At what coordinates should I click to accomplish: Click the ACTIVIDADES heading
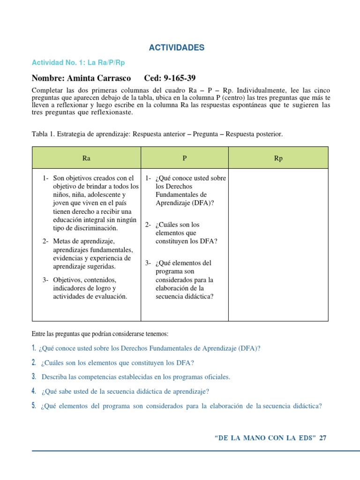point(176,48)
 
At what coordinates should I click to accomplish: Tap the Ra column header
point(86,158)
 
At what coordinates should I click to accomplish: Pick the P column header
point(185,158)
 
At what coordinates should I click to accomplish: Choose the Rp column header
point(278,158)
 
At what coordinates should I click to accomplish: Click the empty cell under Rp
point(278,244)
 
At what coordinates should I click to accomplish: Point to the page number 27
point(322,438)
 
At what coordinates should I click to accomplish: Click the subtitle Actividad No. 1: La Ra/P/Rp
point(78,62)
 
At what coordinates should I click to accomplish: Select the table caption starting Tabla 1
point(157,134)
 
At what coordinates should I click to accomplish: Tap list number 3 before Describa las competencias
point(34,376)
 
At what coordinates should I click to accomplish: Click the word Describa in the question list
point(54,377)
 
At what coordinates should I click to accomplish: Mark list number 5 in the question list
point(34,406)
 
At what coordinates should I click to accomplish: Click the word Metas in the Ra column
point(63,241)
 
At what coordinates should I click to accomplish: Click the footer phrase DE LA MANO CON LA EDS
point(265,438)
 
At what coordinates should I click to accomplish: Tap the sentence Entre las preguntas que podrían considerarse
point(99,334)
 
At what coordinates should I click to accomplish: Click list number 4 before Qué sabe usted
point(34,391)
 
